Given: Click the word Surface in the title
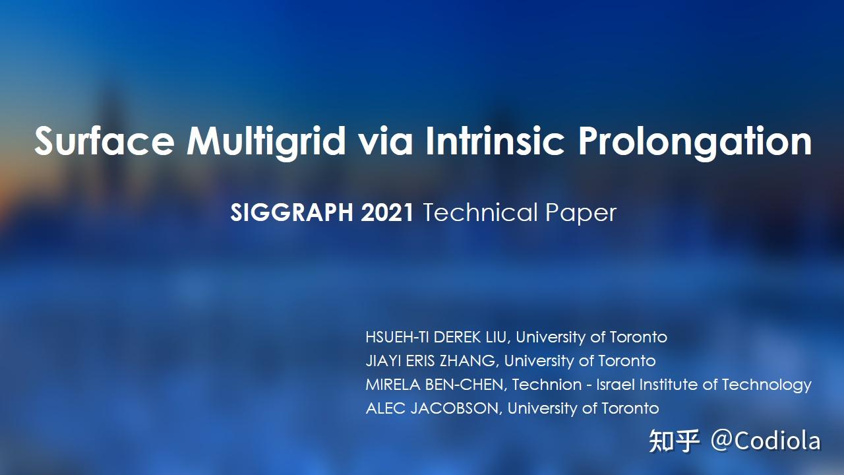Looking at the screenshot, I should (104, 141).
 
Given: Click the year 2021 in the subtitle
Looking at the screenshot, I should (387, 213).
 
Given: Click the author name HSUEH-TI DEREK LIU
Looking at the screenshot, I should (437, 337).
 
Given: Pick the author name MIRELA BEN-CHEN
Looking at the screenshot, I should (436, 385).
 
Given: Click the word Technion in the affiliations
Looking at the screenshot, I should (547, 385).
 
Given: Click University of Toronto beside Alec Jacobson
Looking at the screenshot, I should (583, 408).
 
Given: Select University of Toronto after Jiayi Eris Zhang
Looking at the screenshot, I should (580, 361).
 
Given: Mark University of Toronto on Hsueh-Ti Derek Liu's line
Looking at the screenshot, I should (591, 337).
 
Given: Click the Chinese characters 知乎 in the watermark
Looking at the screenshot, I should (673, 441).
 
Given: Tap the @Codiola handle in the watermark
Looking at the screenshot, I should (765, 441).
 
